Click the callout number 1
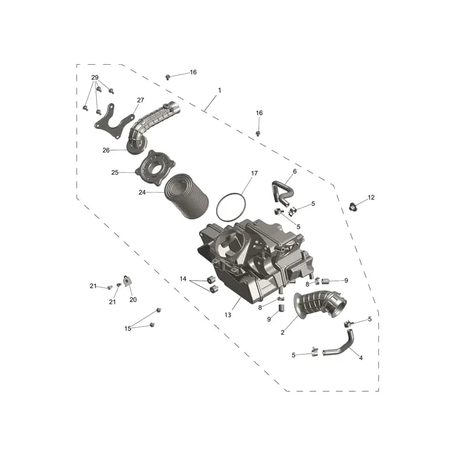pyautogui.click(x=220, y=90)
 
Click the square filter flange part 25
pyautogui.click(x=156, y=168)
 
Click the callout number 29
pyautogui.click(x=95, y=77)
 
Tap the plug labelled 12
pyautogui.click(x=353, y=207)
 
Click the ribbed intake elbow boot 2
pyautogui.click(x=319, y=306)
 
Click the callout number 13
pyautogui.click(x=228, y=315)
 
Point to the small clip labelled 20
pyautogui.click(x=127, y=281)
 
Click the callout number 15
pyautogui.click(x=127, y=329)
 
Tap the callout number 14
pyautogui.click(x=183, y=279)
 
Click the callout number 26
pyautogui.click(x=106, y=150)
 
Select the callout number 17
pyautogui.click(x=254, y=173)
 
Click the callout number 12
pyautogui.click(x=371, y=197)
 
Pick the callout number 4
pyautogui.click(x=361, y=358)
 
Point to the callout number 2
pyautogui.click(x=283, y=333)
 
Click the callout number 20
pyautogui.click(x=133, y=300)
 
